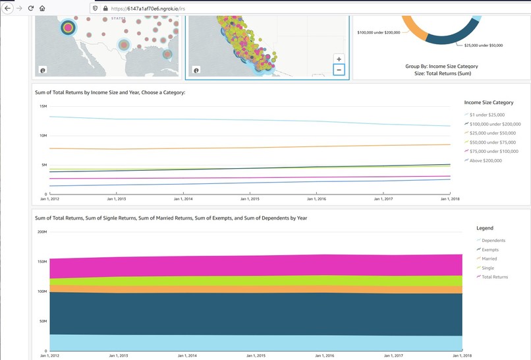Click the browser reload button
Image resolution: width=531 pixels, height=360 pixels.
click(30, 9)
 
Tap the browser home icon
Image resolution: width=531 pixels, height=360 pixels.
click(42, 9)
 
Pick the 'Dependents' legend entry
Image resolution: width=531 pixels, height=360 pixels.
click(493, 241)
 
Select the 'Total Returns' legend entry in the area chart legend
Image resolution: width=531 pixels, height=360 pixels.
click(495, 277)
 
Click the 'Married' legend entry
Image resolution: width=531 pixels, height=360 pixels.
click(489, 259)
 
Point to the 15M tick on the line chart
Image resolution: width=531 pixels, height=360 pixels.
click(43, 106)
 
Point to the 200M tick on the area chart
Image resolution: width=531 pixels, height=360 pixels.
click(42, 232)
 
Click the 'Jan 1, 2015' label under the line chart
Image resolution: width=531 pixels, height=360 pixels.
click(249, 198)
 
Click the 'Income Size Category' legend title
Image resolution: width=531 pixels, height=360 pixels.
click(489, 102)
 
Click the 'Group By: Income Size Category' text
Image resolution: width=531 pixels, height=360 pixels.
click(441, 66)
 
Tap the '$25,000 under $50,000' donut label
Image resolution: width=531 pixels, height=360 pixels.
click(484, 45)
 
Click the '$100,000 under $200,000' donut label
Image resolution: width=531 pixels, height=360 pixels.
click(378, 32)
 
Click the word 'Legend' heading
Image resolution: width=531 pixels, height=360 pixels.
click(485, 228)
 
